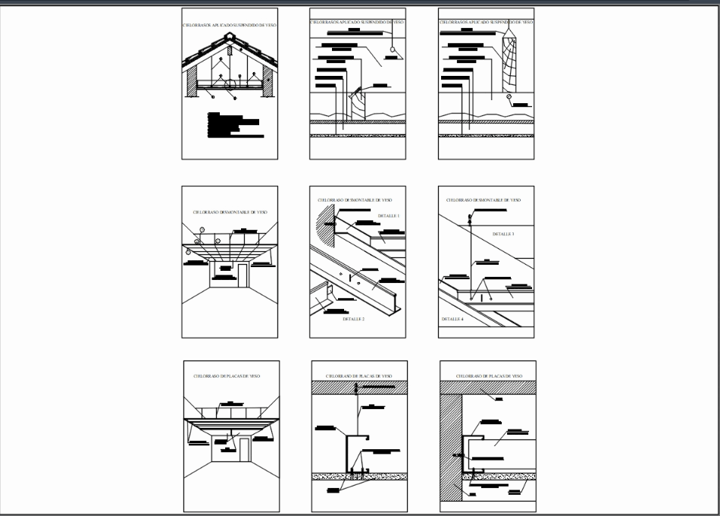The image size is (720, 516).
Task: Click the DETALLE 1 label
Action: (388, 216)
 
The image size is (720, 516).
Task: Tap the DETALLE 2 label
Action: (354, 319)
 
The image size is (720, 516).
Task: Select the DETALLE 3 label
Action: (503, 234)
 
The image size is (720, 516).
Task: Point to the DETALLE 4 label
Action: (452, 319)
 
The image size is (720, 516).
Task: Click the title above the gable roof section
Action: (230, 25)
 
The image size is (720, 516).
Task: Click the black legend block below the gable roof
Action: (236, 124)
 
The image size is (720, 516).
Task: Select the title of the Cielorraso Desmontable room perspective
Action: (230, 212)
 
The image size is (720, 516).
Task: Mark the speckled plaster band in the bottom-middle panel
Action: (359, 477)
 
